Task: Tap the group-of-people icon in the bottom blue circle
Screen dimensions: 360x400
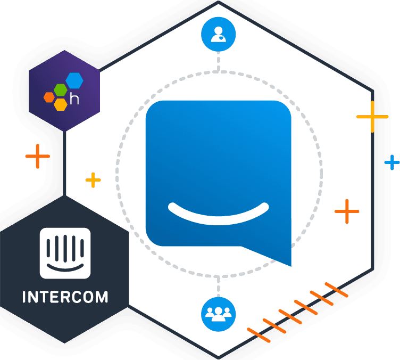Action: coord(218,314)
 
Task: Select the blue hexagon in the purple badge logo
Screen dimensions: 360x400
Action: coord(74,80)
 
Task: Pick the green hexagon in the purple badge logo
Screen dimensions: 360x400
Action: coord(61,90)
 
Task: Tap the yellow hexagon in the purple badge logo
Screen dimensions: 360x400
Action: coord(61,104)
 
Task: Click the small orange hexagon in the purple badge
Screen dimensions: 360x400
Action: coord(49,97)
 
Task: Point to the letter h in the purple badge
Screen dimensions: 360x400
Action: coord(78,99)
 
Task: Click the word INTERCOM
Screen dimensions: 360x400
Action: coord(65,296)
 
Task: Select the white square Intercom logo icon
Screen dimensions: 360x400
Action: coord(65,253)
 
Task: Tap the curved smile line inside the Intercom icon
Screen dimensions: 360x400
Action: coord(65,265)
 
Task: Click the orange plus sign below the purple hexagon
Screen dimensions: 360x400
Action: coord(37,156)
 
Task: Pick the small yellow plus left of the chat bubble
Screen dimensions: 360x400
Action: coord(93,180)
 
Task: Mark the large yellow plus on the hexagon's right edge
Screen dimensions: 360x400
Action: coord(372,116)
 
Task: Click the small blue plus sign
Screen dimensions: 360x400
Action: coord(392,162)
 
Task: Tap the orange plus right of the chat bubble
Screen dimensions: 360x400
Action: coord(346,211)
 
